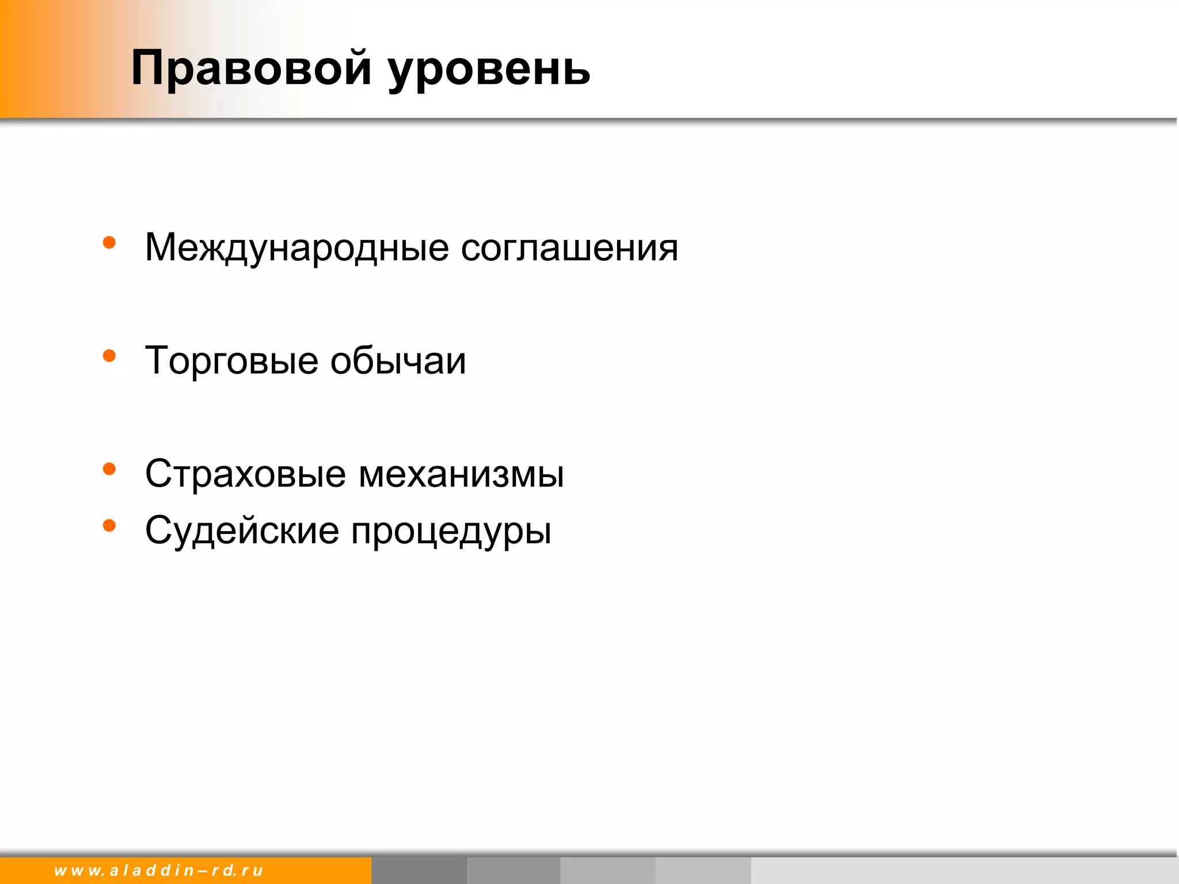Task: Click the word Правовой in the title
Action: tap(251, 69)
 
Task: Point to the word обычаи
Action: tap(398, 361)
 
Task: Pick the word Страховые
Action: tap(245, 474)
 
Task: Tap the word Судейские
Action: tap(242, 531)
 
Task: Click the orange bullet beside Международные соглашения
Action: tap(109, 243)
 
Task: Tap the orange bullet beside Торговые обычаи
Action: tap(109, 356)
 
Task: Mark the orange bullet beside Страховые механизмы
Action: tap(109, 469)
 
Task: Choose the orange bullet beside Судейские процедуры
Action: tap(109, 525)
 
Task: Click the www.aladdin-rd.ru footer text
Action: tap(158, 870)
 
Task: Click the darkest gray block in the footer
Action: tap(419, 870)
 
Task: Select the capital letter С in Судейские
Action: tap(159, 530)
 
